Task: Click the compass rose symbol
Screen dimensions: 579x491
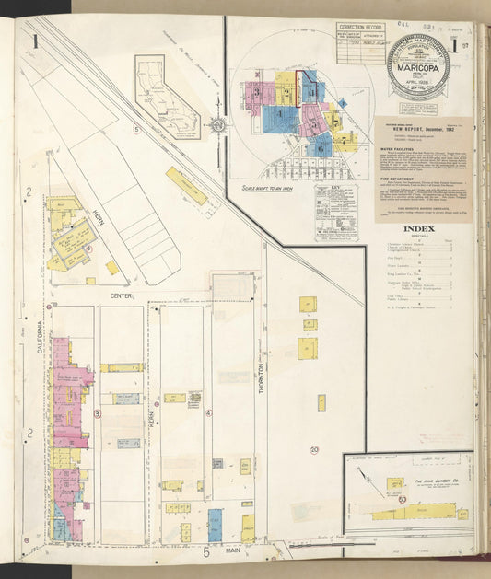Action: [218, 124]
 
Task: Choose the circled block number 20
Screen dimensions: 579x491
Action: [314, 449]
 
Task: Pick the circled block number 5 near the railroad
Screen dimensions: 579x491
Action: [136, 129]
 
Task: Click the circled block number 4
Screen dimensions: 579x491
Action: [209, 413]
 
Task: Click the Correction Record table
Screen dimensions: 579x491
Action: [360, 42]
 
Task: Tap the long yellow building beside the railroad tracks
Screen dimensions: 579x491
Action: [187, 185]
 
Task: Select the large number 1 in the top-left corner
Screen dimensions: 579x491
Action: [35, 41]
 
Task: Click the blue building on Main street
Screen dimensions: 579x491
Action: [215, 525]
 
